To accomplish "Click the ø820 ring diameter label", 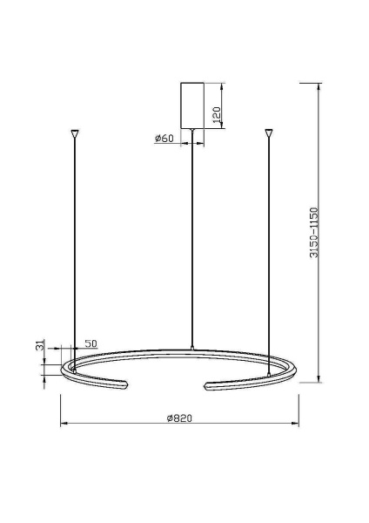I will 178,418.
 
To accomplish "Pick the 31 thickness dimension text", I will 39,346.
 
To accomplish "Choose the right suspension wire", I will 269,253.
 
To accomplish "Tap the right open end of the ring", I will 209,384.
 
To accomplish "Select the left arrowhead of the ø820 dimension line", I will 62,425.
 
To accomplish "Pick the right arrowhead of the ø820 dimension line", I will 296,425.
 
